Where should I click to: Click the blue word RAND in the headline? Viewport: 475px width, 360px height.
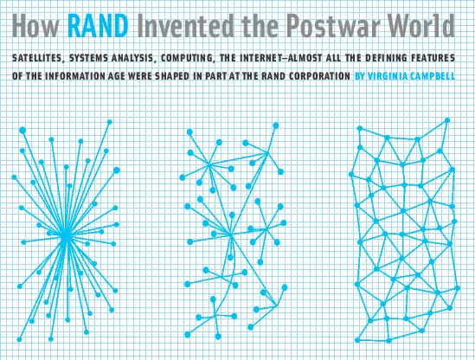[x=98, y=26]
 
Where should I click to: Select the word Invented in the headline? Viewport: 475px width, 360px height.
[x=185, y=26]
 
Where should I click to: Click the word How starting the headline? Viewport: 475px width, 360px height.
[x=35, y=26]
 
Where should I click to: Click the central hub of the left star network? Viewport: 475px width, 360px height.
[x=66, y=236]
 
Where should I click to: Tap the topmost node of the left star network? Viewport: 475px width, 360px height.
[x=110, y=122]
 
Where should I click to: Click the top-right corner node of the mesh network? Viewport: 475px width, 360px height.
[x=447, y=120]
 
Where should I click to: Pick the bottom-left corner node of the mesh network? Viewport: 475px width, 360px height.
[x=357, y=340]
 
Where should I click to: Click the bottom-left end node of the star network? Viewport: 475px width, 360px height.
[x=19, y=339]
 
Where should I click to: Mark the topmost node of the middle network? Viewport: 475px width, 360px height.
[x=276, y=125]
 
